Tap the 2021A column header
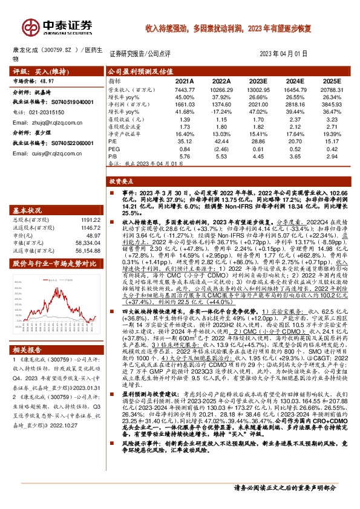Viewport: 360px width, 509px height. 185,80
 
